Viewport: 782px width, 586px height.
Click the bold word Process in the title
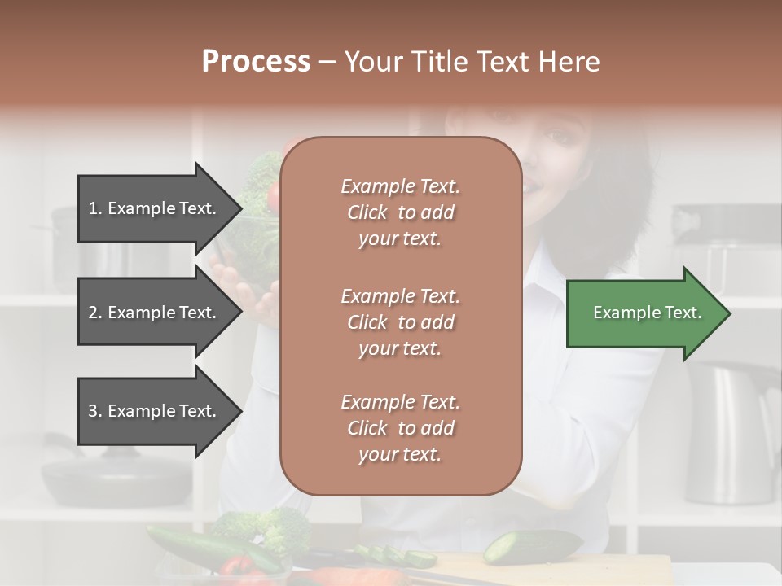coord(256,61)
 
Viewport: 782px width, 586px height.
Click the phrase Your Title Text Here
coord(472,62)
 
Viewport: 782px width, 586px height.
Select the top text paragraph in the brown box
coord(400,212)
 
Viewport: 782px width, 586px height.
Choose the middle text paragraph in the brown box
coord(400,322)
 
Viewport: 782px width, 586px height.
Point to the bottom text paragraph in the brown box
coord(400,428)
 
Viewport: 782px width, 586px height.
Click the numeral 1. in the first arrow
coord(95,208)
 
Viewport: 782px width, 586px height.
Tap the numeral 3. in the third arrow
coord(95,412)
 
